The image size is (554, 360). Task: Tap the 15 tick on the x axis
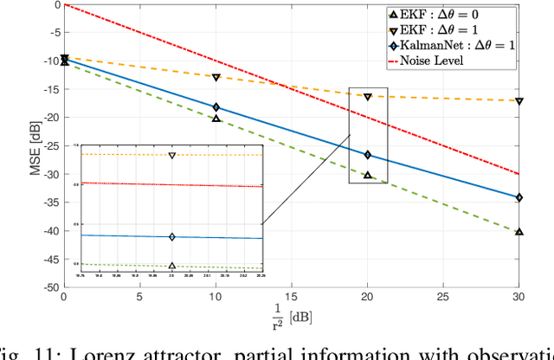[292, 297]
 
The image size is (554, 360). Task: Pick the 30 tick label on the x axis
[519, 297]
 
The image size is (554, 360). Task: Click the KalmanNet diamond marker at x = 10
[216, 107]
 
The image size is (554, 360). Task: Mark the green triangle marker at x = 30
[519, 232]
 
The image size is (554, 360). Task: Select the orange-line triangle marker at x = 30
[519, 101]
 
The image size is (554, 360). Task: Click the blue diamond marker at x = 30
[519, 197]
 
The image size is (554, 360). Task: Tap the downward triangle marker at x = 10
[216, 78]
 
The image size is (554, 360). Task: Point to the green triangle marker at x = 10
[216, 118]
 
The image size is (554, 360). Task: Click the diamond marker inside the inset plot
[171, 236]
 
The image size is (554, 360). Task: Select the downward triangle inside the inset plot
[171, 156]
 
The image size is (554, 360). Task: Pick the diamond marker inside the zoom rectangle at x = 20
[367, 155]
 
